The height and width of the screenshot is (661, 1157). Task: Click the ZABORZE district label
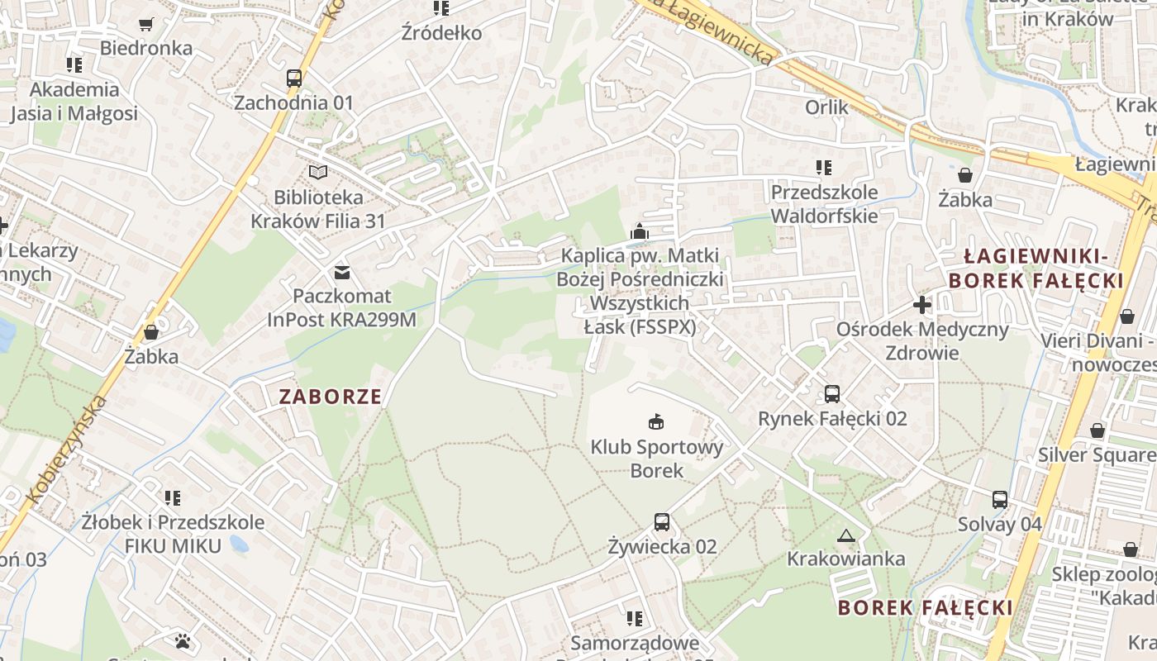331,397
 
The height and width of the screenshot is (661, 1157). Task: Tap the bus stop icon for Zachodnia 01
294,78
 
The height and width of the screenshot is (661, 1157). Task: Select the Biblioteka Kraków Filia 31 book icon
318,173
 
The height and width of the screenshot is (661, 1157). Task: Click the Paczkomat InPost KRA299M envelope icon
341,272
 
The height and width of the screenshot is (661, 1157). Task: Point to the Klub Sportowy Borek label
657,459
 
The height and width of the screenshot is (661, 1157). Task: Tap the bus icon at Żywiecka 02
662,521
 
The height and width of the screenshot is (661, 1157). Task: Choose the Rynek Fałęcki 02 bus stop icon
832,394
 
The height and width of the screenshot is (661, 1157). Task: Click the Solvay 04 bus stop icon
1000,499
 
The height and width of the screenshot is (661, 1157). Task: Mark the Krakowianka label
845,559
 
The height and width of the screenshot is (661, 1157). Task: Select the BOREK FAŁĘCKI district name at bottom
926,608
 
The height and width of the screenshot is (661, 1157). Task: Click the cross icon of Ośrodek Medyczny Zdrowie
922,305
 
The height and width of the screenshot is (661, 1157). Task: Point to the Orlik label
826,107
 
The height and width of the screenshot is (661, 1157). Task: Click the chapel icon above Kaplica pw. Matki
640,231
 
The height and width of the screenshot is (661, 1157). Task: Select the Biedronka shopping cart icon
146,24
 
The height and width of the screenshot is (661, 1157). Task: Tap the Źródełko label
441,33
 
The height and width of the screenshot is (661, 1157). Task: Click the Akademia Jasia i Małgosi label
74,101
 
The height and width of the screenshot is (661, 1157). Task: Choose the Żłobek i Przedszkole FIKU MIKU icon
173,497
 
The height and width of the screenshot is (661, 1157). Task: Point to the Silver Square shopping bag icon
1097,430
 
